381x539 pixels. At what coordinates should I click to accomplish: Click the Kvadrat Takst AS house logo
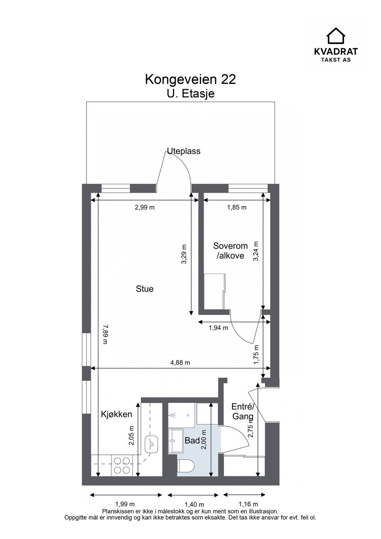pyautogui.click(x=336, y=36)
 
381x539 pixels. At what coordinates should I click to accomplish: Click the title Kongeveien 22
pyautogui.click(x=190, y=80)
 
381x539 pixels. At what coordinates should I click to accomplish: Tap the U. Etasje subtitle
pyautogui.click(x=190, y=94)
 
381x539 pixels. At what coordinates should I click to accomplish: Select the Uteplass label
pyautogui.click(x=183, y=151)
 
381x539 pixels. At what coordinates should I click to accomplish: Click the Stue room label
pyautogui.click(x=145, y=289)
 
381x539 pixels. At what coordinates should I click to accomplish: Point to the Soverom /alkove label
pyautogui.click(x=230, y=251)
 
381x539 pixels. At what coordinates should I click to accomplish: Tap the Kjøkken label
pyautogui.click(x=116, y=414)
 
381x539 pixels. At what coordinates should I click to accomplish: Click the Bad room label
pyautogui.click(x=192, y=440)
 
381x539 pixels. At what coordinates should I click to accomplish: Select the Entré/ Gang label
pyautogui.click(x=243, y=411)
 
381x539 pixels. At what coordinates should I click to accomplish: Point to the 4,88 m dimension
pyautogui.click(x=180, y=363)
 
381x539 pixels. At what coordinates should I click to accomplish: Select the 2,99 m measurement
pyautogui.click(x=145, y=207)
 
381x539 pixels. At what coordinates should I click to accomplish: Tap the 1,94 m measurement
pyautogui.click(x=218, y=328)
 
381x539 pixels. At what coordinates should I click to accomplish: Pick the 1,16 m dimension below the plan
pyautogui.click(x=248, y=504)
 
